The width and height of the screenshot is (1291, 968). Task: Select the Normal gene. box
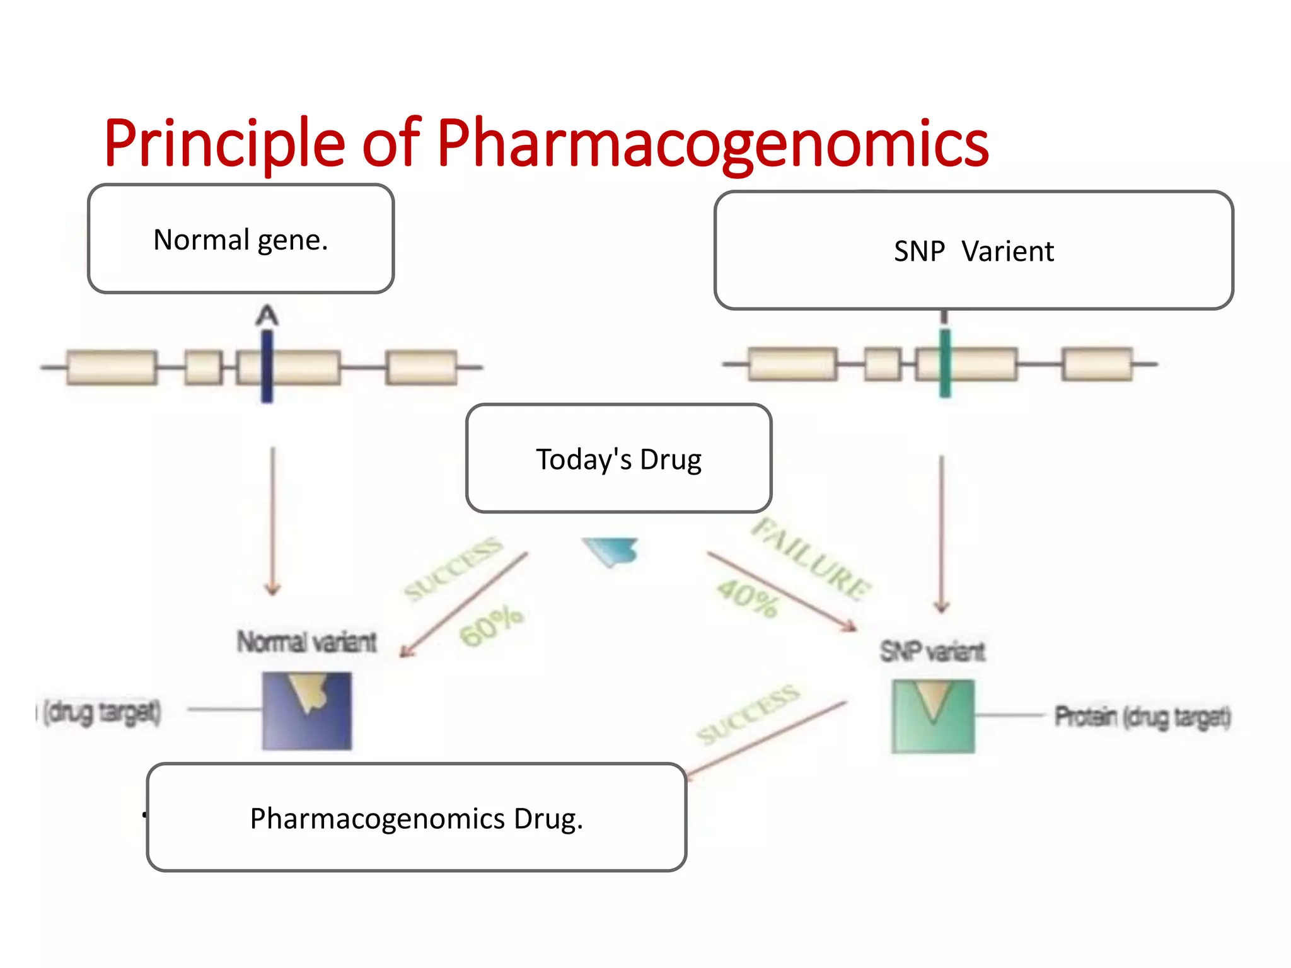coord(241,239)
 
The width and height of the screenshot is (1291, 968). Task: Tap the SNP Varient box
coord(973,251)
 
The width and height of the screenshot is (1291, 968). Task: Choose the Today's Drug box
coord(618,459)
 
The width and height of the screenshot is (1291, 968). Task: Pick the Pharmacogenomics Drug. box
coord(416,818)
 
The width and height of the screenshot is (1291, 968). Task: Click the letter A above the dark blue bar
coord(267,315)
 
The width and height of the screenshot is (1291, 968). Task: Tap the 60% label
coord(492,626)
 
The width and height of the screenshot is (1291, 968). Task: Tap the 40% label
coord(748,599)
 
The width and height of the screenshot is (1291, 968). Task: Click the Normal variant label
coord(307,642)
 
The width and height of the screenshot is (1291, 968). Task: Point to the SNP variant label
coord(932,651)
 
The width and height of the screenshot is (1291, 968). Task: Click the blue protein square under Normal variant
coord(307,711)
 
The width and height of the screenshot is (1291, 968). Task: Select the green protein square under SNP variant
coord(933,717)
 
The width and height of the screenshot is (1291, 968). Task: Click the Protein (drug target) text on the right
coord(1142,717)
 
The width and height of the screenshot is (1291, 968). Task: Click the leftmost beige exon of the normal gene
coord(112,367)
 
